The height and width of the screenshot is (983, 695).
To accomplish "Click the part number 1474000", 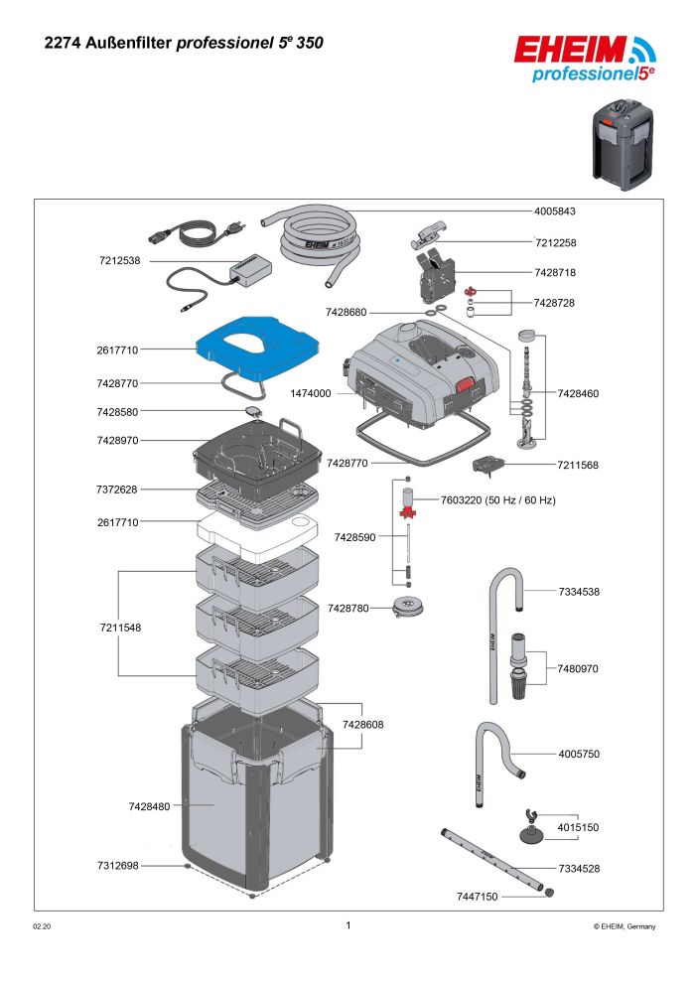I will pos(311,393).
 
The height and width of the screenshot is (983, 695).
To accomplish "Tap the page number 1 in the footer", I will pos(347,925).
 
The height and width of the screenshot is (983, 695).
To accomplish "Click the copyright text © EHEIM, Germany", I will pos(625,926).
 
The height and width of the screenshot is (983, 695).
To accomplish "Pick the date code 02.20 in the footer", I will pos(43,926).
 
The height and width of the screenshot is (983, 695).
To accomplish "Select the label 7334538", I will pos(579,592).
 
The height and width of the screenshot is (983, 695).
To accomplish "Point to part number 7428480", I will pos(149,806).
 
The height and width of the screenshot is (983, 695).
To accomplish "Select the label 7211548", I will pos(119,628).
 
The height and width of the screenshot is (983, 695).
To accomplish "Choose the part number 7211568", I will pos(579,464).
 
